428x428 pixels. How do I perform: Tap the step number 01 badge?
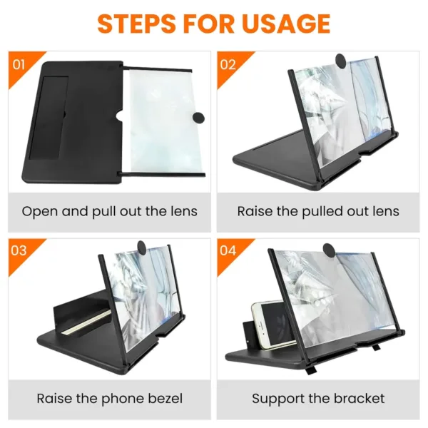[x=19, y=64]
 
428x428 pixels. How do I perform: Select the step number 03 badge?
[x=19, y=251]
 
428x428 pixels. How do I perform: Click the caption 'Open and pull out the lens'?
[x=109, y=211]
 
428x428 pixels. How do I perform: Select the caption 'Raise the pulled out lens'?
[x=318, y=211]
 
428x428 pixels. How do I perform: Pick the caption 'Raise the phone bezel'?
[x=109, y=398]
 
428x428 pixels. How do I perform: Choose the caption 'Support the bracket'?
[x=318, y=398]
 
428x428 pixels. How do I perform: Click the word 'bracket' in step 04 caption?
[x=360, y=398]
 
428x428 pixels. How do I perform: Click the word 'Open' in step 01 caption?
[x=38, y=211]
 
